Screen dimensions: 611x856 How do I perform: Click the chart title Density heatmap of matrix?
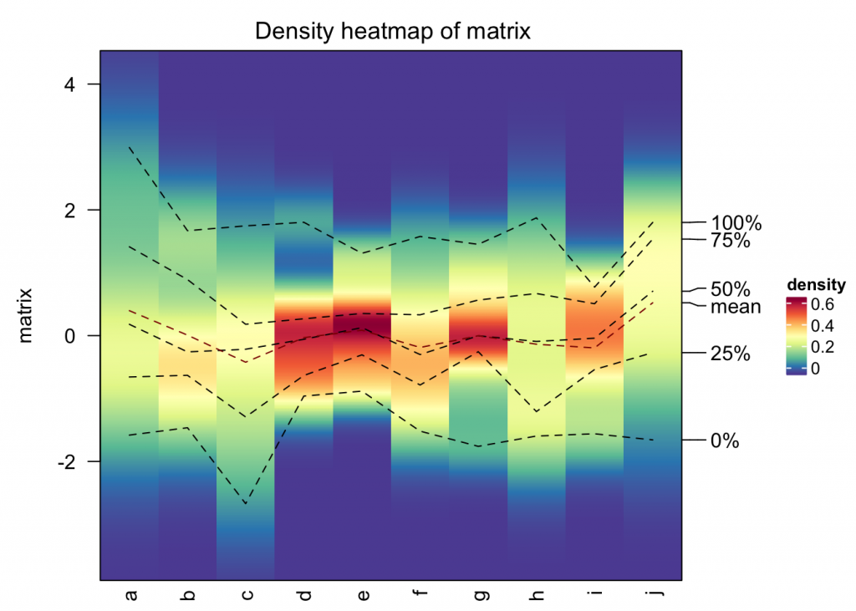tap(393, 32)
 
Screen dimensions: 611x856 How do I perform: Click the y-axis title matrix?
tap(26, 315)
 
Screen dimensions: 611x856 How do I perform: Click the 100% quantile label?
tap(736, 223)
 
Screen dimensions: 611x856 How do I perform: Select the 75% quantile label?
tap(731, 241)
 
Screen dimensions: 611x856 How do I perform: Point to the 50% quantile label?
tap(731, 289)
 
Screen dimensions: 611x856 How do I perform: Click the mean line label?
tap(736, 307)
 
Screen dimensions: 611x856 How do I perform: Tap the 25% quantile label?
tap(731, 354)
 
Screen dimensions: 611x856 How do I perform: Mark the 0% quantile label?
tap(725, 440)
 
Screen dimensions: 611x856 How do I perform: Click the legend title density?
tap(817, 285)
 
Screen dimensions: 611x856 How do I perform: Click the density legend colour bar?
tap(796, 335)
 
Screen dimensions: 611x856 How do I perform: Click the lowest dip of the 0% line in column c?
tap(246, 504)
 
